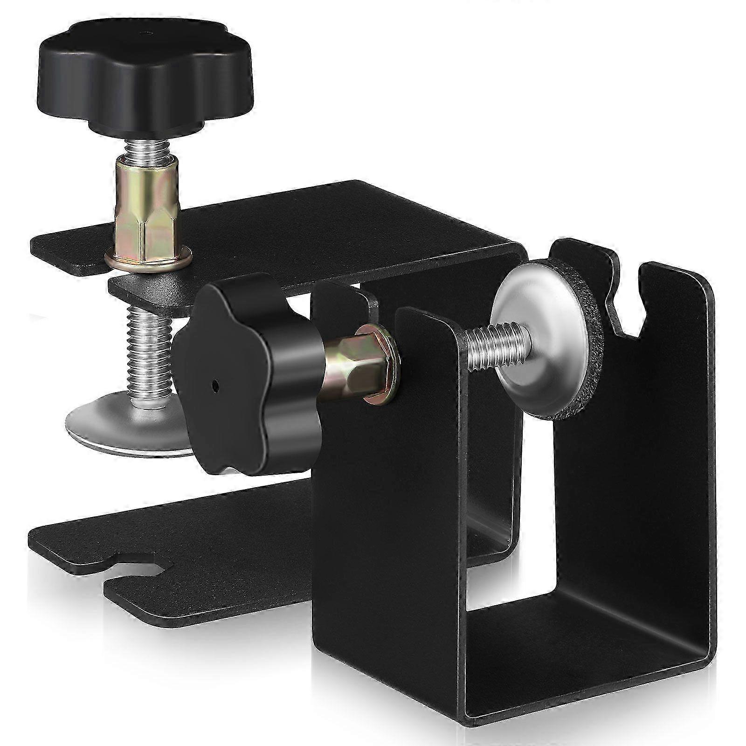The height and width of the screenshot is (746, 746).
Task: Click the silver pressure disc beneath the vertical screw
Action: click(x=126, y=424)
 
